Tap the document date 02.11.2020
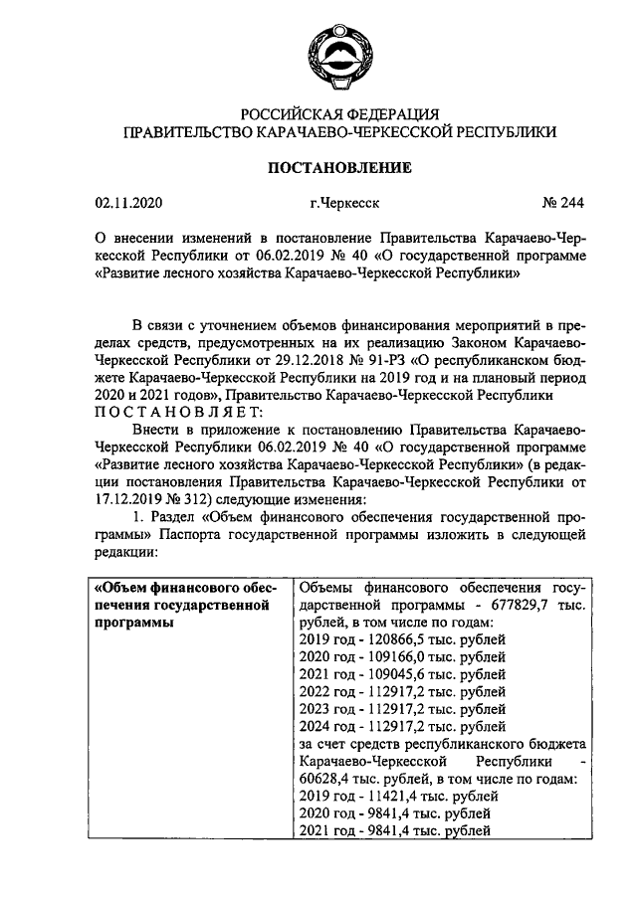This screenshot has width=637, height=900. pyautogui.click(x=128, y=204)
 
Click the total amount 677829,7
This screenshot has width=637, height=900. pyautogui.click(x=521, y=605)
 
